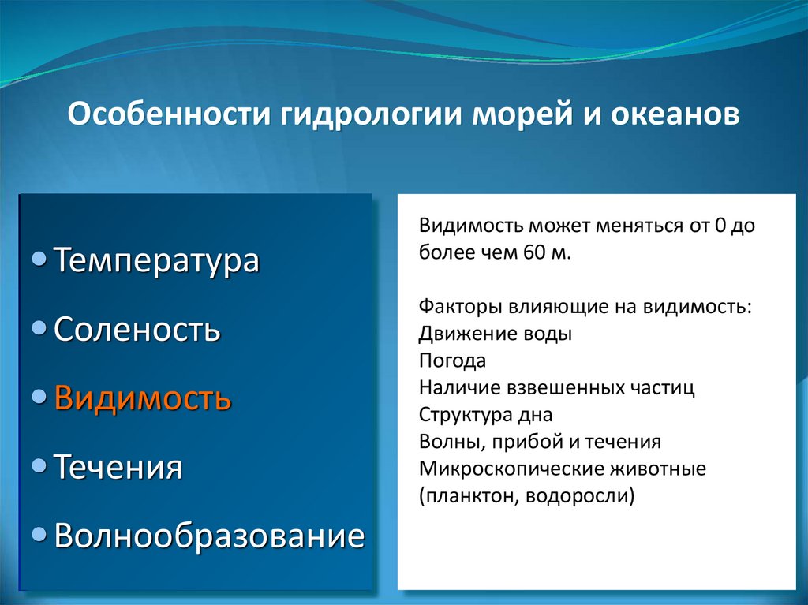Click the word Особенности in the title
click(x=169, y=114)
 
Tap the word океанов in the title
click(x=675, y=114)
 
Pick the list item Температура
click(x=156, y=261)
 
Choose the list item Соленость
click(x=137, y=329)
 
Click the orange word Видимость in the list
click(x=143, y=398)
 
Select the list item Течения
click(x=118, y=467)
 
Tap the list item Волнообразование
click(x=209, y=536)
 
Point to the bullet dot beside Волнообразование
click(x=39, y=534)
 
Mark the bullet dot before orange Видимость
click(x=39, y=396)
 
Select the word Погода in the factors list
click(x=452, y=360)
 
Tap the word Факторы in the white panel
click(x=460, y=307)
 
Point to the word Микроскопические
click(x=511, y=469)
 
